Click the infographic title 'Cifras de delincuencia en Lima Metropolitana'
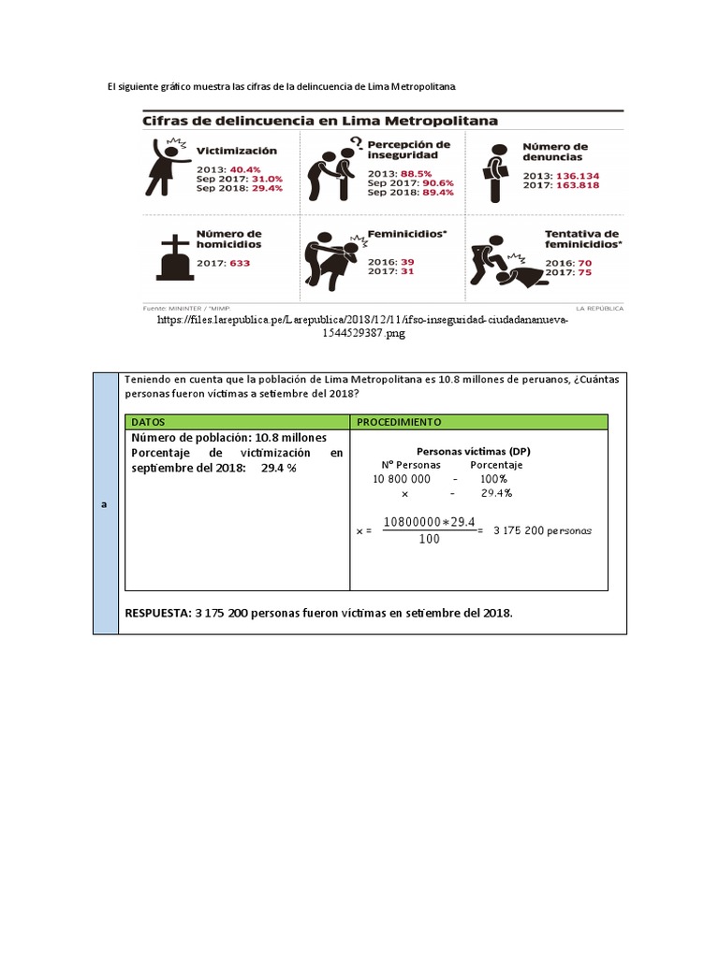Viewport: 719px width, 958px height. (319, 121)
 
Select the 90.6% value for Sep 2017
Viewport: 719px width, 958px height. (437, 182)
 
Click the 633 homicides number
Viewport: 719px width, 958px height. (240, 264)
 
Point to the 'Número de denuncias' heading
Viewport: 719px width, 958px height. (555, 152)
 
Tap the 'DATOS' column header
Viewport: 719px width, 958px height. (148, 422)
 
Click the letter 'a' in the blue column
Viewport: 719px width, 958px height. (105, 503)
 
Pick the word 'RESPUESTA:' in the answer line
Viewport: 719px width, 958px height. (156, 613)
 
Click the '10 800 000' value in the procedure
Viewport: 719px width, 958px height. (403, 478)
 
